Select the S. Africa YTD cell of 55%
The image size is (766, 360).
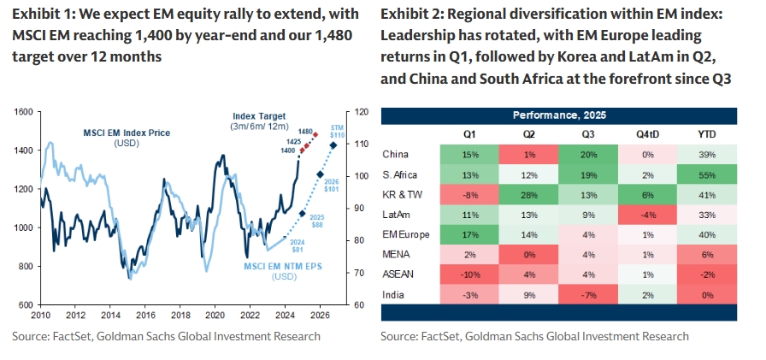(x=706, y=174)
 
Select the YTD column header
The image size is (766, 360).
(x=706, y=134)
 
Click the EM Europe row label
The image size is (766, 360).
(x=407, y=234)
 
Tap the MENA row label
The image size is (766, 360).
(x=399, y=254)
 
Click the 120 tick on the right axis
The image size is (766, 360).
(x=362, y=112)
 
